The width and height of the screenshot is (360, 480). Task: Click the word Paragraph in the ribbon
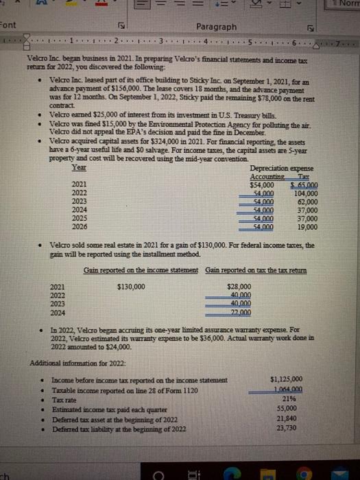coord(217,27)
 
